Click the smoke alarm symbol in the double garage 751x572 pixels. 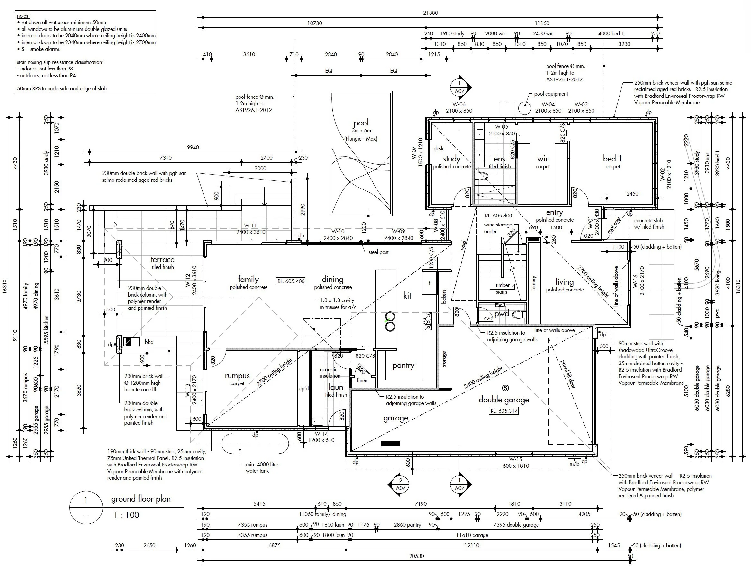point(505,388)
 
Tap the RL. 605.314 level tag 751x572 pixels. point(504,411)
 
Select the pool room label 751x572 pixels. point(361,123)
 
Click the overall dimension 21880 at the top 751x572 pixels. point(430,13)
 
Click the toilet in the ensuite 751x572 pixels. point(483,176)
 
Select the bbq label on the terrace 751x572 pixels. point(149,342)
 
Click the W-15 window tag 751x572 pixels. point(516,459)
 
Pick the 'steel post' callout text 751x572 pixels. point(378,252)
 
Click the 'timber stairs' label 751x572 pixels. point(502,288)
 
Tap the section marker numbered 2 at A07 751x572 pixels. point(401,484)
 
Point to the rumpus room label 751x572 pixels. point(237,376)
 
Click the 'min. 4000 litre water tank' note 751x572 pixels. point(262,467)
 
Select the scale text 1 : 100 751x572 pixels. point(126,515)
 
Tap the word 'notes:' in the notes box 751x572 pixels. point(23,16)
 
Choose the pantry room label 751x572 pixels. point(403,366)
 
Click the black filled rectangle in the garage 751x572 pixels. point(390,443)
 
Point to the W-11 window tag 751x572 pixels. point(250,226)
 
